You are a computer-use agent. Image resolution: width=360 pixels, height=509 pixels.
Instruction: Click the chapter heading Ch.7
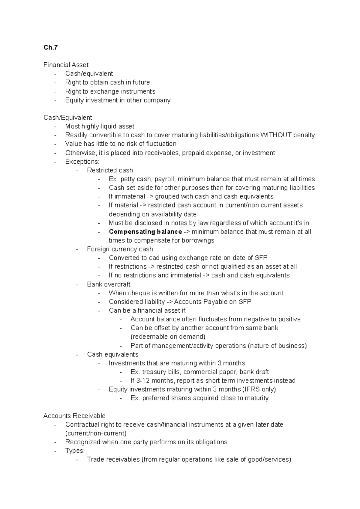(x=50, y=47)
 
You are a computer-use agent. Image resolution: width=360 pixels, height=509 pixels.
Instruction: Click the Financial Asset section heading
(x=66, y=65)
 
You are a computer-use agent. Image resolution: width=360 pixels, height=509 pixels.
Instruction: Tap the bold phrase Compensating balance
(x=145, y=232)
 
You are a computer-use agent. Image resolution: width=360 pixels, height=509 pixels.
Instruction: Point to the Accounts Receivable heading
(x=74, y=416)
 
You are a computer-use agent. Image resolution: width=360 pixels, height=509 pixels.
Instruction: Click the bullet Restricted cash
(x=110, y=170)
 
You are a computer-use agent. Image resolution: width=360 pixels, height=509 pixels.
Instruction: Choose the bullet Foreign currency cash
(x=120, y=249)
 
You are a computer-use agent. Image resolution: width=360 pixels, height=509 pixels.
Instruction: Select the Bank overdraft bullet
(x=109, y=284)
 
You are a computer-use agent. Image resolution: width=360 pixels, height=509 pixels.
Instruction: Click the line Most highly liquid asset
(x=100, y=126)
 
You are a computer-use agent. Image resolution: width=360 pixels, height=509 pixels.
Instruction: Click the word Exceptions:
(x=82, y=162)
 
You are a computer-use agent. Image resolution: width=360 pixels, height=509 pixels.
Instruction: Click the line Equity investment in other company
(x=118, y=100)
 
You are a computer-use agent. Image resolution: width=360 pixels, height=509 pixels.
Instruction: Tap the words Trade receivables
(x=113, y=459)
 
